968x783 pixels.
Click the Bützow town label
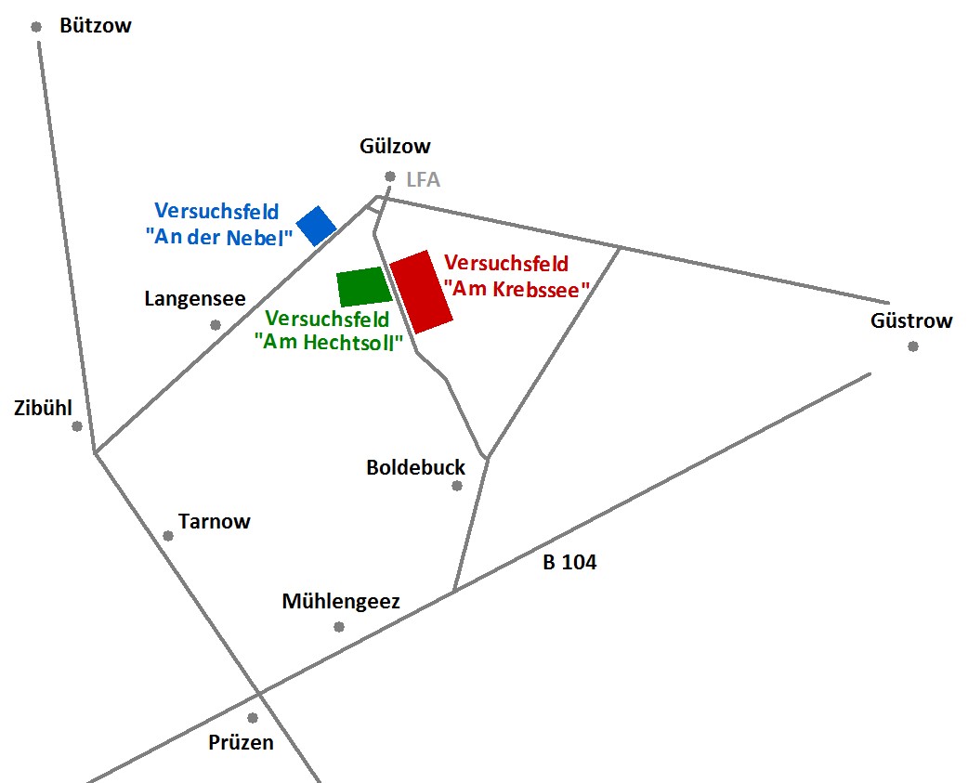(96, 25)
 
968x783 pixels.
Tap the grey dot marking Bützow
(36, 27)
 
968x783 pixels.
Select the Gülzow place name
(395, 146)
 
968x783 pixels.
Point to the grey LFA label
(424, 179)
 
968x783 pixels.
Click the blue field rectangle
(316, 226)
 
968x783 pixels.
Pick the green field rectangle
(364, 287)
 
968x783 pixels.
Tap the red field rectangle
(422, 292)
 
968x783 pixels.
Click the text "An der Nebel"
(218, 238)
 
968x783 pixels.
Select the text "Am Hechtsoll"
(329, 342)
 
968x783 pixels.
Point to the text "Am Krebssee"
(517, 289)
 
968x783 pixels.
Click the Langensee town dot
(216, 324)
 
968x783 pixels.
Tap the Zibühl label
(44, 408)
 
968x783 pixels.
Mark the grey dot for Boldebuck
(457, 486)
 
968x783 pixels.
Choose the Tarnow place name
(215, 521)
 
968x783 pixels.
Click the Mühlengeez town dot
(339, 627)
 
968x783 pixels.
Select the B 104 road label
(569, 562)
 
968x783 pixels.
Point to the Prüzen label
(241, 742)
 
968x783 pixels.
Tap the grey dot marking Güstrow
(913, 346)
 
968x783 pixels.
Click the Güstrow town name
(911, 320)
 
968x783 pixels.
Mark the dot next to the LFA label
(390, 176)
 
